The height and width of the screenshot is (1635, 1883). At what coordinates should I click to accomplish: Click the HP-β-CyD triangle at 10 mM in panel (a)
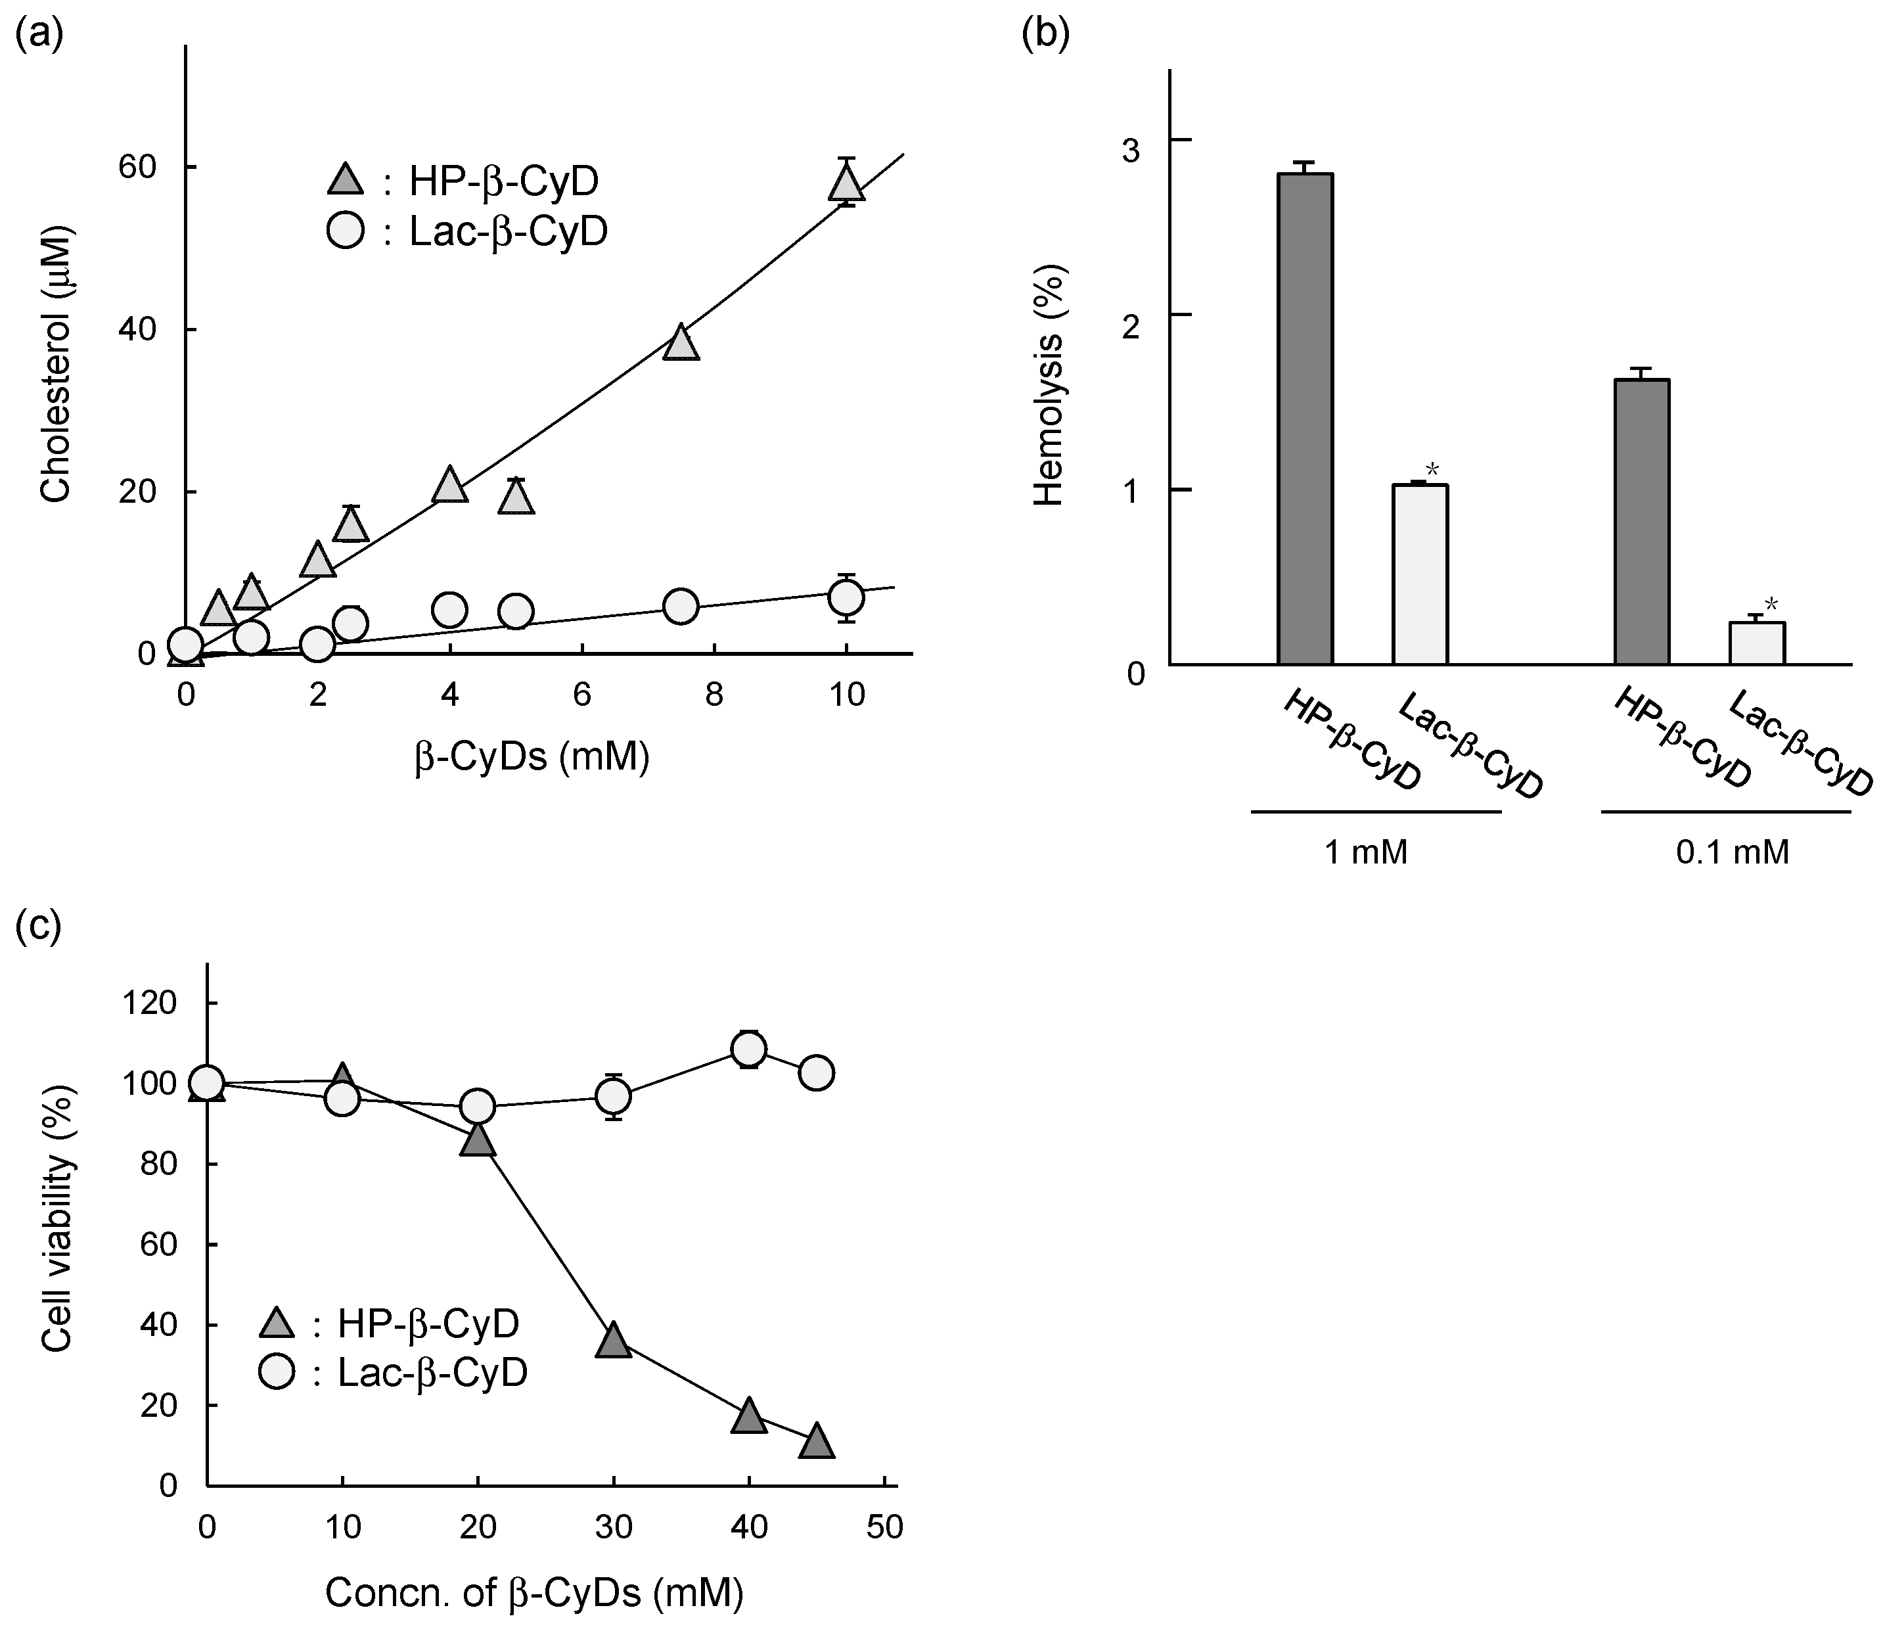[847, 184]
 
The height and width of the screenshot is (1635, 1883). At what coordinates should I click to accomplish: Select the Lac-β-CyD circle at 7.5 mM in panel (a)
[681, 607]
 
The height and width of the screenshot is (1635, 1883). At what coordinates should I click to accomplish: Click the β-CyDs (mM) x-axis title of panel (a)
[532, 756]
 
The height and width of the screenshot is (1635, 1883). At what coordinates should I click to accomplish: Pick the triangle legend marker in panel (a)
[346, 181]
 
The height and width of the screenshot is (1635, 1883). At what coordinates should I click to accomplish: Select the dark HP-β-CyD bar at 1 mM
[1305, 420]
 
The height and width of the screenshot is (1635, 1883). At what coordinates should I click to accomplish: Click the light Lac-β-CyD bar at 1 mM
[1420, 575]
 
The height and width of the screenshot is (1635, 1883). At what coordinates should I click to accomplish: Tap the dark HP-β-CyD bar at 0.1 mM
[1641, 522]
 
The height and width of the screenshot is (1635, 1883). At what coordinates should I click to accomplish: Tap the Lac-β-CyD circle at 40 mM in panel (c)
[749, 1049]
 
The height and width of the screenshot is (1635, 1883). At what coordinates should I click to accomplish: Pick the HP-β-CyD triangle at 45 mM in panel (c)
[817, 1442]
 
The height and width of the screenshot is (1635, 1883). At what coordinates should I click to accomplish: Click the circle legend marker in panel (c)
[277, 1372]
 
